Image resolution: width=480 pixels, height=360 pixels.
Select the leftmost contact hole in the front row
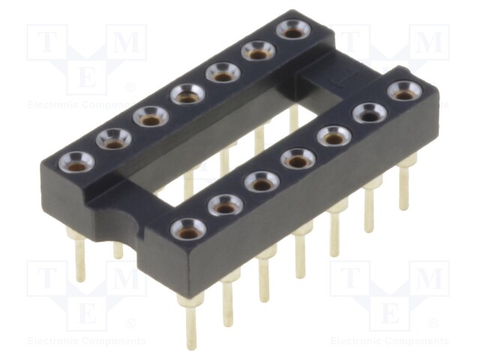pos(187,229)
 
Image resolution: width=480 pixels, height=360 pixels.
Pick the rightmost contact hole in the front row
pos(404,91)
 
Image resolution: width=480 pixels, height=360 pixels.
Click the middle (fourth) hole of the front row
pos(298,159)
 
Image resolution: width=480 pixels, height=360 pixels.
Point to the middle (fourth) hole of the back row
pos(187,94)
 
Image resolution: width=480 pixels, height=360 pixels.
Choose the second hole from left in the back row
pos(114,138)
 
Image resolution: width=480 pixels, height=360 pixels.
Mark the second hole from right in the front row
pos(369,113)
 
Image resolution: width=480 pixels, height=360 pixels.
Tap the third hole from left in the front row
pos(262,181)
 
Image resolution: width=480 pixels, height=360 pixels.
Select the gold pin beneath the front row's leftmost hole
pos(191,322)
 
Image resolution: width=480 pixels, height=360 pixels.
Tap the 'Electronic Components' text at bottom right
pos(389,341)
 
